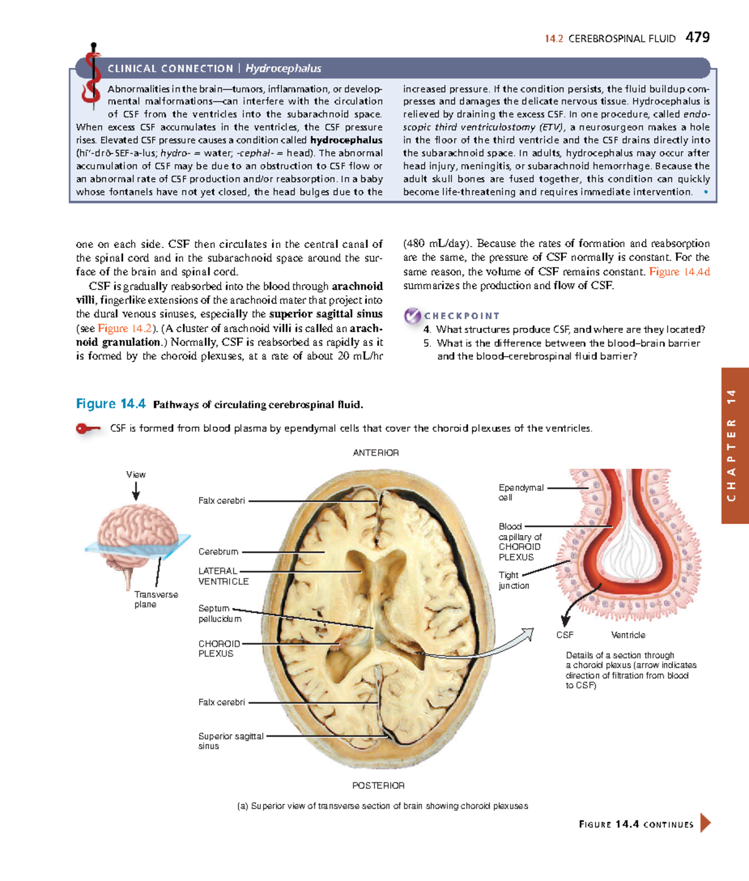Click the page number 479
click(x=697, y=37)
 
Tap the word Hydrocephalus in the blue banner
click(x=283, y=69)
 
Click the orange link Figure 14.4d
click(x=679, y=272)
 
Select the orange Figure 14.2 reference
click(x=125, y=328)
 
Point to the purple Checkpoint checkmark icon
click(x=412, y=316)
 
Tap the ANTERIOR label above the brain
click(x=376, y=453)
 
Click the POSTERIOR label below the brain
click(x=378, y=785)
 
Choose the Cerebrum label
click(x=218, y=552)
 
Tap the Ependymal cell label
click(x=521, y=492)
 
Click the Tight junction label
click(x=513, y=580)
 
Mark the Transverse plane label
click(x=156, y=599)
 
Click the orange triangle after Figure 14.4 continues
click(x=705, y=823)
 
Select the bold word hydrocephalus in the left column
click(x=346, y=140)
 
